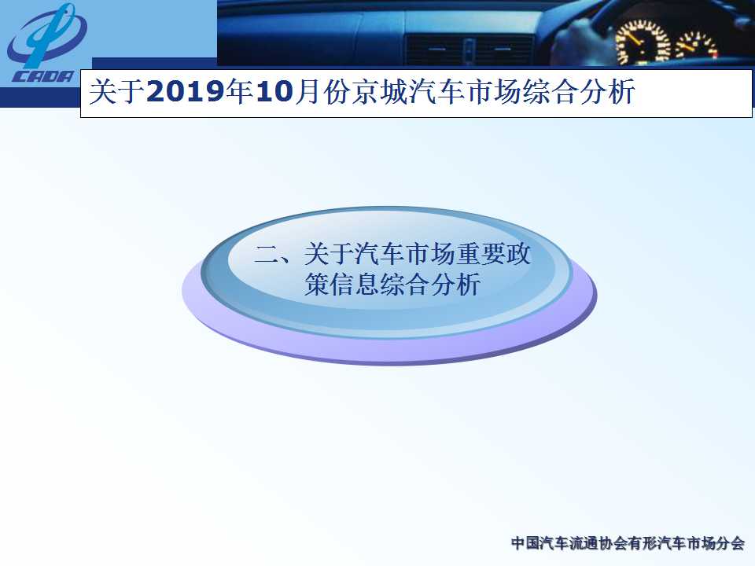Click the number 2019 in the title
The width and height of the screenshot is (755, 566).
(186, 91)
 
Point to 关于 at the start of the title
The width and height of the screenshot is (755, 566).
(117, 91)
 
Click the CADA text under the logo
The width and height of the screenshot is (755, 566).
(42, 77)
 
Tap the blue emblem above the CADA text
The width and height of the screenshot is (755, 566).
(47, 37)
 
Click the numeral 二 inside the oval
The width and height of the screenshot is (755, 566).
(267, 254)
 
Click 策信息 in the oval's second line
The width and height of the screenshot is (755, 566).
(341, 284)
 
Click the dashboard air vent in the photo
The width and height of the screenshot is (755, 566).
(470, 49)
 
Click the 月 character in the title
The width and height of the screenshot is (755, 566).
(308, 91)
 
